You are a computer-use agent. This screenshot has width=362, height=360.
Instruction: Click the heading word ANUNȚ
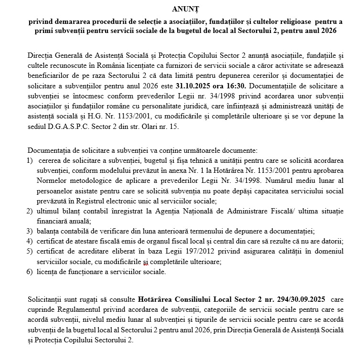pos(182,9)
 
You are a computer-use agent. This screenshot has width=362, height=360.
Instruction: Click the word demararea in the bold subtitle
pos(64,22)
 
